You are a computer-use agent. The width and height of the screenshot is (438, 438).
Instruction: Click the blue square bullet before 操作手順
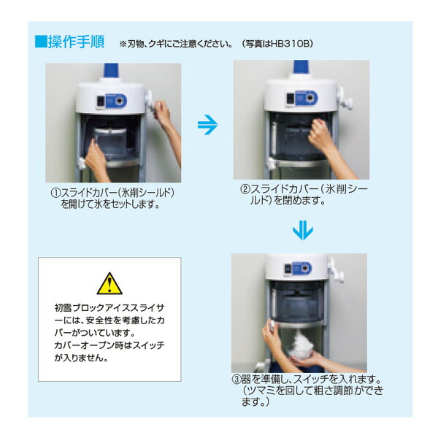[x=41, y=41]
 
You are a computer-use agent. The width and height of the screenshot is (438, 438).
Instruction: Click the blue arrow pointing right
[x=208, y=126]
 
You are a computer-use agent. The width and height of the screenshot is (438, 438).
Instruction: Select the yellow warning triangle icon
[x=109, y=283]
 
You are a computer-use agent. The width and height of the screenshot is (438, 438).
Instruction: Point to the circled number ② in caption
[x=245, y=188]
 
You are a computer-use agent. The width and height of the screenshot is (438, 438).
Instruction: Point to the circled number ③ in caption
[x=235, y=380]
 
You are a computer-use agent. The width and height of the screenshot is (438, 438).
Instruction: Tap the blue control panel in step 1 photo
[x=114, y=101]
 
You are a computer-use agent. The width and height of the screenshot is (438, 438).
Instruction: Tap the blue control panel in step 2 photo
[x=301, y=99]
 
